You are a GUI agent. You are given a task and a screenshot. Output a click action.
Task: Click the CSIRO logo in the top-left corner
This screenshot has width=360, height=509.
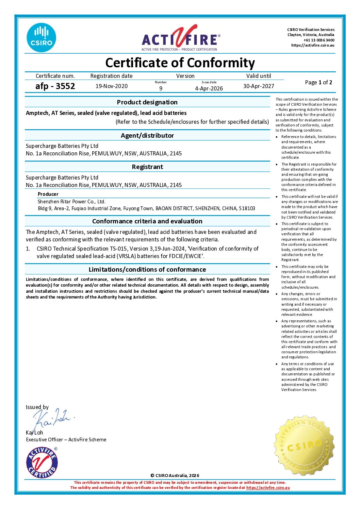click(x=41, y=38)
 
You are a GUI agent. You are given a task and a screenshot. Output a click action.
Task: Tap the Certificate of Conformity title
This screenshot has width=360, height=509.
click(x=180, y=63)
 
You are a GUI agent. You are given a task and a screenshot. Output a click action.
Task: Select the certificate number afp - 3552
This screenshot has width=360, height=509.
click(x=55, y=86)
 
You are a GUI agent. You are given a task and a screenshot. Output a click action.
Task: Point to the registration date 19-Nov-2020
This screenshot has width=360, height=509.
click(x=112, y=86)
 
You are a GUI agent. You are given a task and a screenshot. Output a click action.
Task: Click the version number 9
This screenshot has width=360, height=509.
click(x=161, y=88)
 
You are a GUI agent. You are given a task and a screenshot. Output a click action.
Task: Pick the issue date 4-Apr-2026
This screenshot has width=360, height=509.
click(x=209, y=88)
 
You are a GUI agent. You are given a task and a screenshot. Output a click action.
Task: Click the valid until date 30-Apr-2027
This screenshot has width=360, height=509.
click(x=259, y=86)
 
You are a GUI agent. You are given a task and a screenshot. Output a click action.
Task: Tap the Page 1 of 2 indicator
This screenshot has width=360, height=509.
click(x=318, y=82)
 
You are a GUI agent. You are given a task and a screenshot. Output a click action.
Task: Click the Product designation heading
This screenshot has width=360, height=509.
click(x=147, y=102)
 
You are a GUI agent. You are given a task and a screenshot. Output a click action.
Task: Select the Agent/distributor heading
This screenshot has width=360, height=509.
click(x=147, y=135)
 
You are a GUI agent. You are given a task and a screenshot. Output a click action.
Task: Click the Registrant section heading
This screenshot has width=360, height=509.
click(x=147, y=167)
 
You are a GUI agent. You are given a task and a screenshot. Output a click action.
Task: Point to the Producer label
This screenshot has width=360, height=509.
click(x=48, y=194)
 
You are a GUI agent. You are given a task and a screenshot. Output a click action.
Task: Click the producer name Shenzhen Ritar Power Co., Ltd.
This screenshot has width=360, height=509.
click(x=71, y=201)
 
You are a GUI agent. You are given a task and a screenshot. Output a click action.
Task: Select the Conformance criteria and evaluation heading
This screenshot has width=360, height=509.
click(x=147, y=221)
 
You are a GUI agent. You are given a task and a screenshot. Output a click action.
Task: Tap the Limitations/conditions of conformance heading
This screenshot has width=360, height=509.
click(x=147, y=269)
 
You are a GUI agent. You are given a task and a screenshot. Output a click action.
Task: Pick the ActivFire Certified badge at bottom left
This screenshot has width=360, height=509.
click(x=42, y=462)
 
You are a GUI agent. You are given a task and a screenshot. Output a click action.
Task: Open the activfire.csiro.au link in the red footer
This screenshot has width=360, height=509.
click(x=268, y=488)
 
